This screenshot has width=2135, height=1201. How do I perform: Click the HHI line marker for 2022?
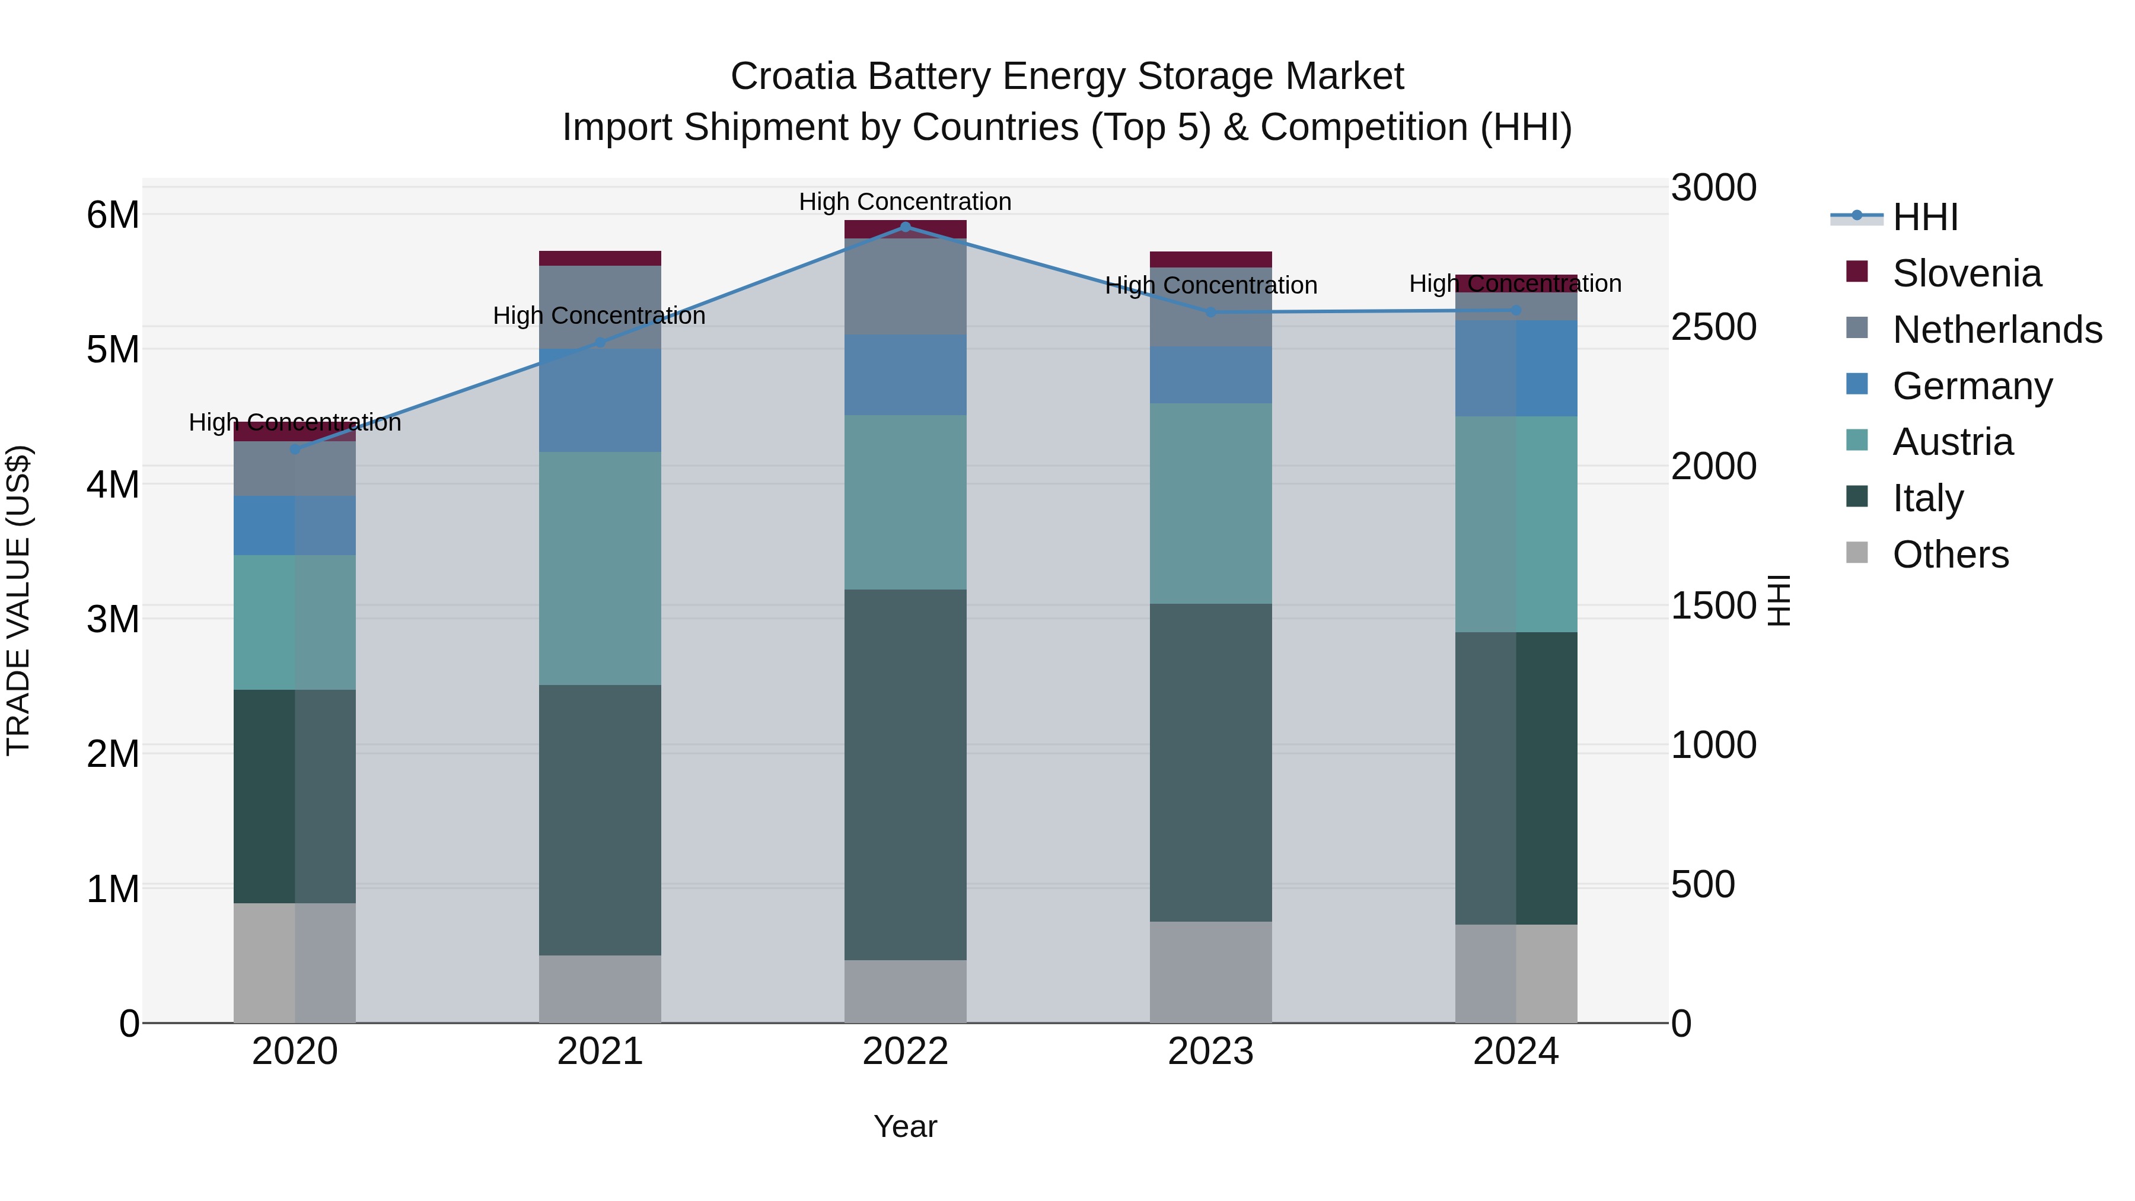tap(905, 227)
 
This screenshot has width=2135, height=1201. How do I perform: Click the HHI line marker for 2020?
tap(295, 449)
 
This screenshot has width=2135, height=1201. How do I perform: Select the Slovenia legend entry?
tap(1966, 273)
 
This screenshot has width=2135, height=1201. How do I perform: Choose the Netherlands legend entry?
tap(1996, 330)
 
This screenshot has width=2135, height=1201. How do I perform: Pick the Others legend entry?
tap(1949, 555)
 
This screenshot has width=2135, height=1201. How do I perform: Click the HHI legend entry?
tap(1924, 217)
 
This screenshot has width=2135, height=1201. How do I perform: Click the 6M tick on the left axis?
tap(113, 215)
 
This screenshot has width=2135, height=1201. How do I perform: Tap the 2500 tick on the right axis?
tap(1712, 327)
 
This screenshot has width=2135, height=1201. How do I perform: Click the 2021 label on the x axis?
tap(600, 1052)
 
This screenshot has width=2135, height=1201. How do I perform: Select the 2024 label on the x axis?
tap(1515, 1052)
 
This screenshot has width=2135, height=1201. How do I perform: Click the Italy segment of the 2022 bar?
tap(905, 775)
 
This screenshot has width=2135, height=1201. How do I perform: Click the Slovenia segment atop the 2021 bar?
tap(600, 258)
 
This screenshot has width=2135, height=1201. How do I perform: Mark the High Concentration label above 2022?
tap(905, 202)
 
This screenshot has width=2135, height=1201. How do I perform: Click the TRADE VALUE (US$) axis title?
tap(18, 600)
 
